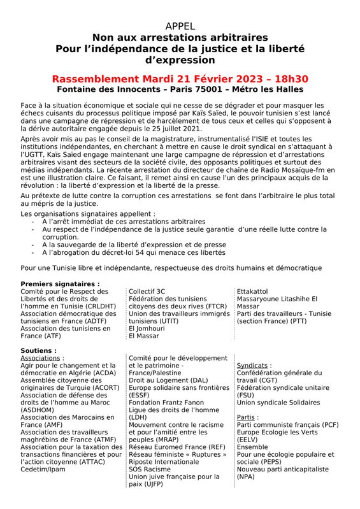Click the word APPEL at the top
click(180, 26)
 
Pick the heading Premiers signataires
click(60, 283)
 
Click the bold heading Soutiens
click(38, 350)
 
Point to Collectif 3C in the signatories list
click(147, 291)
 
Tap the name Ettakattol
click(254, 291)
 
